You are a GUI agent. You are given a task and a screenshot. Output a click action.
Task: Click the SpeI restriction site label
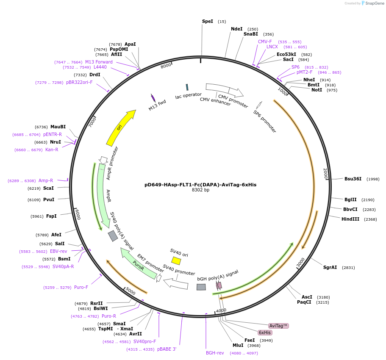pos(208,21)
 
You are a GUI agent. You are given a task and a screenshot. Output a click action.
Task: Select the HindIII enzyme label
pos(350,219)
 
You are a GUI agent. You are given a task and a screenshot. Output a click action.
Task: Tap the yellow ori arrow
pos(120,127)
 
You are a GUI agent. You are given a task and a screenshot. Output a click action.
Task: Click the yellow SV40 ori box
pos(176,260)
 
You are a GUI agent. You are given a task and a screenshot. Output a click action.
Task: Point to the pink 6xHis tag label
pos(265,332)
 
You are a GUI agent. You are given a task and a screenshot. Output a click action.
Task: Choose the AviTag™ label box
pos(279,326)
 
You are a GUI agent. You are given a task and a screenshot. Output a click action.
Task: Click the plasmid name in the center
pos(200,185)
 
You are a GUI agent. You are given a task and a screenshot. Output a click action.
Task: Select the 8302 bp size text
pos(200,190)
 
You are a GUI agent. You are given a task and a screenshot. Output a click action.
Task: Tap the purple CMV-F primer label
pos(265,42)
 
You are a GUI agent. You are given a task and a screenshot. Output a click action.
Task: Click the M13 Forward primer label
pos(99,62)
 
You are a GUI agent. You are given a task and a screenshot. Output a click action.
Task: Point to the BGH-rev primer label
pos(215,353)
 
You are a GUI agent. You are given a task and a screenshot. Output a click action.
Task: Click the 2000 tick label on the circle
pos(325,174)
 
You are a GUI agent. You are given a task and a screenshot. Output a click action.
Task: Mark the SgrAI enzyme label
pos(330,267)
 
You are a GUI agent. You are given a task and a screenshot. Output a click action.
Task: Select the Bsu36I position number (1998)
pos(373,179)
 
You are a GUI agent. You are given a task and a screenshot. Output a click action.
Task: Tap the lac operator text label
pos(188,96)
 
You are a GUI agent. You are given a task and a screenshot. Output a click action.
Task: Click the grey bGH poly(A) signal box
pos(201,287)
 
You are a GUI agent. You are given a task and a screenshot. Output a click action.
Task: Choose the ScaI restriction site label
pos(48,188)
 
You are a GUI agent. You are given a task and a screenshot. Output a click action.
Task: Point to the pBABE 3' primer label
pos(167,349)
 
